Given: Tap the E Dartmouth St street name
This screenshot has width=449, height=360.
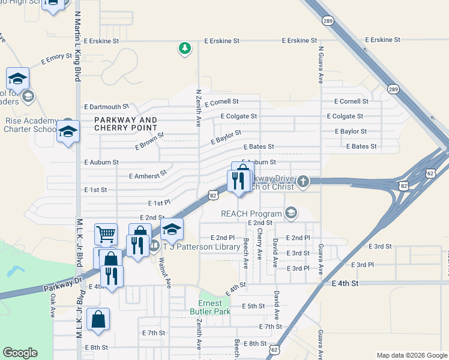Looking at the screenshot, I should tap(106, 106).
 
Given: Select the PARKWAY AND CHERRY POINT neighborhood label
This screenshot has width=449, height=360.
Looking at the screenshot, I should tap(125, 124).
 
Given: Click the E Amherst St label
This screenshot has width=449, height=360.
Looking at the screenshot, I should tap(147, 175).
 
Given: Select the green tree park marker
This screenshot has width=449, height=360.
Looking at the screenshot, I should tap(185, 48).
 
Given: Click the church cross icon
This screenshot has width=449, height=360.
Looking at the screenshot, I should tap(304, 181).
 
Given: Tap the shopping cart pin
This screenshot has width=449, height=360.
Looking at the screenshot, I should tap(106, 233).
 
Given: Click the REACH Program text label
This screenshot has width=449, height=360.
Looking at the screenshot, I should tap(251, 214).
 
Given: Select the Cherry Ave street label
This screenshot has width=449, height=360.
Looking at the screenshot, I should tap(260, 243).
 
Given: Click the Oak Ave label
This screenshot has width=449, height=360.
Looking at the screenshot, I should tap(52, 305).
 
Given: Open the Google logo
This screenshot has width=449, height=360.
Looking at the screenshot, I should tap(20, 353).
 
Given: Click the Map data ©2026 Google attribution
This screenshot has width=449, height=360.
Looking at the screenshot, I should tap(411, 355).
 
